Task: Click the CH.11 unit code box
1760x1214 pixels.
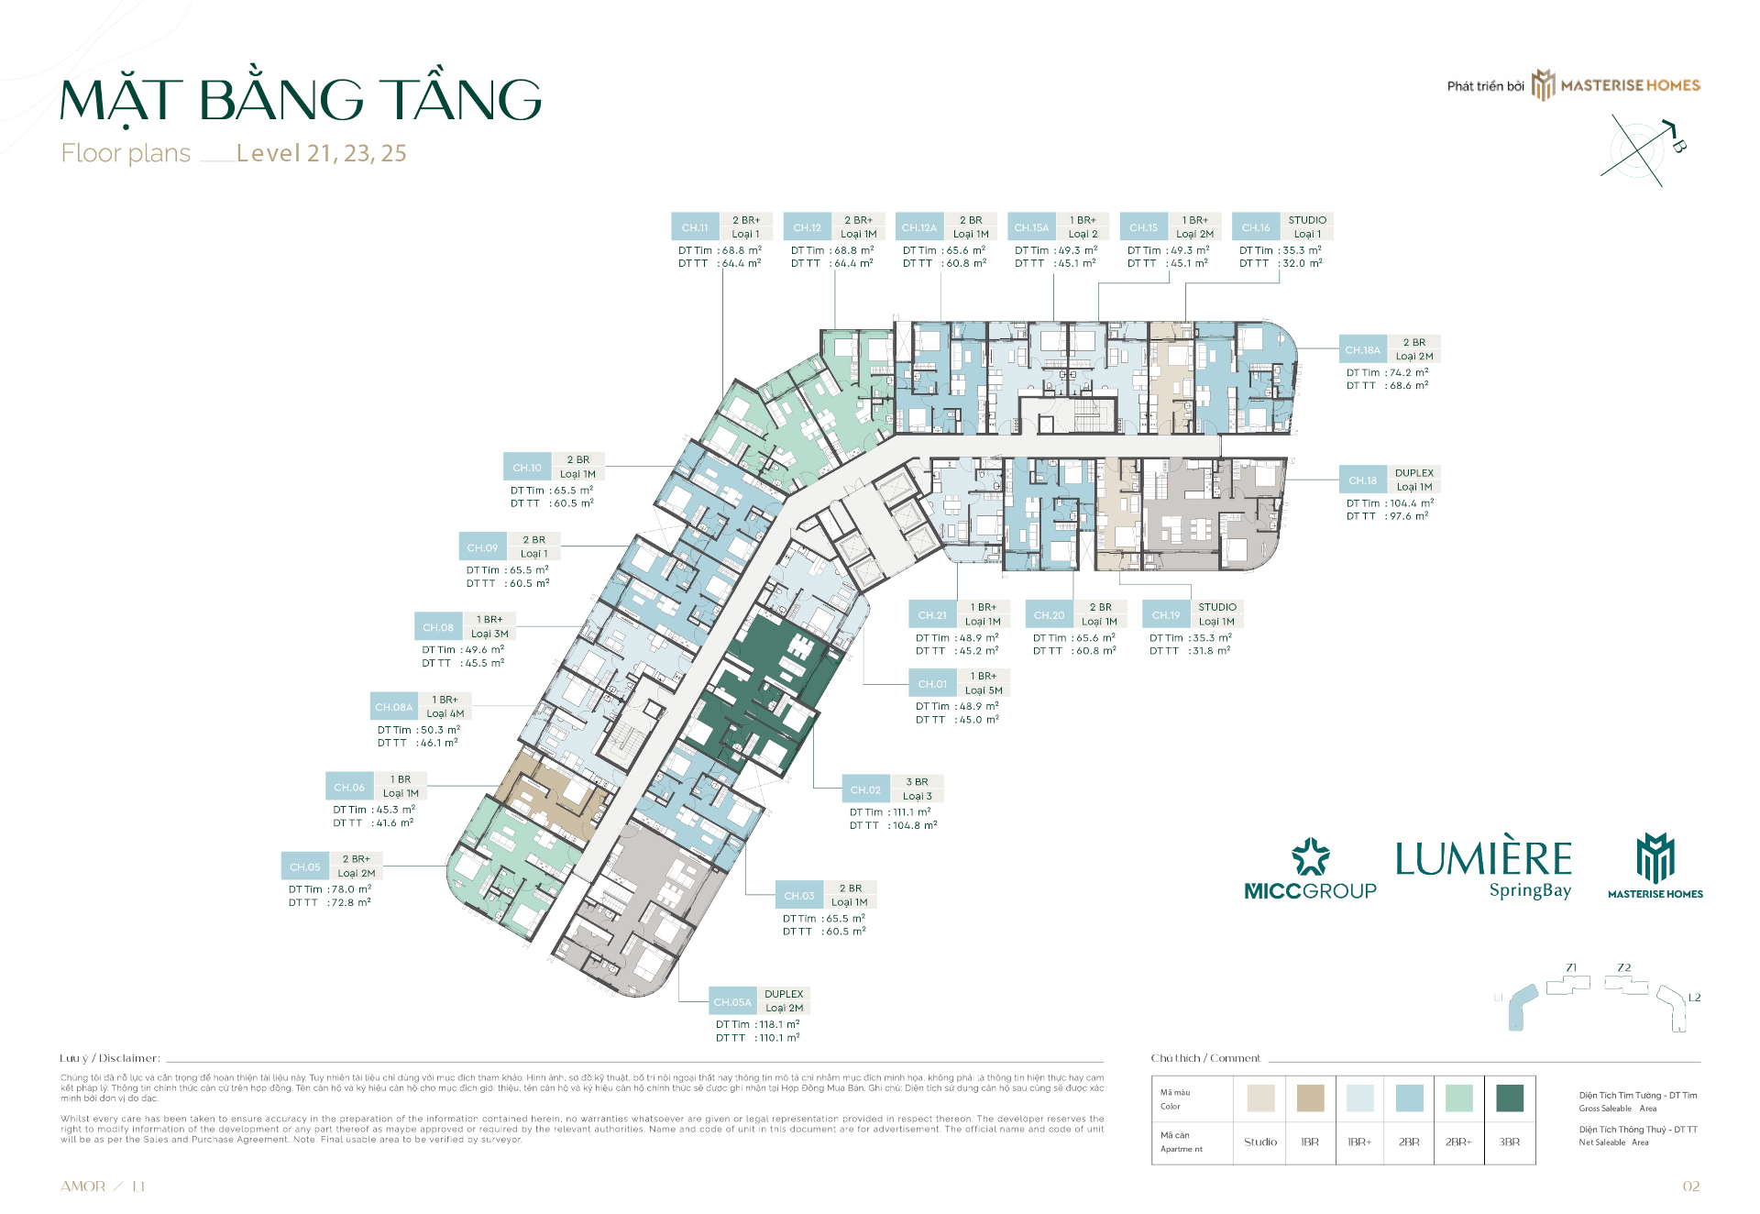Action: coord(695,227)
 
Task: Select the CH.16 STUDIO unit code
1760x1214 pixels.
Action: coord(1256,227)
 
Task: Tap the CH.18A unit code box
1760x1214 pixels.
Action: coord(1362,350)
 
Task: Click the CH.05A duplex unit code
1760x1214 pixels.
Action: coord(732,1002)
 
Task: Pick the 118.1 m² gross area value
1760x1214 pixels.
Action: coord(778,1025)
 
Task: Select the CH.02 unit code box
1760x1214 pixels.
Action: coord(865,789)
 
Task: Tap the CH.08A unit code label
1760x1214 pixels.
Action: coord(393,707)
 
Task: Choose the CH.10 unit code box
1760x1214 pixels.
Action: coord(527,468)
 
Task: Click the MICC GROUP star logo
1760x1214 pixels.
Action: coord(1310,857)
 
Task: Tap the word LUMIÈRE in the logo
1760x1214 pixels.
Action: coord(1483,860)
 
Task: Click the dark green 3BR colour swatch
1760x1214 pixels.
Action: coord(1509,1098)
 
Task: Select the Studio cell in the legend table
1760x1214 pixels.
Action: coord(1260,1142)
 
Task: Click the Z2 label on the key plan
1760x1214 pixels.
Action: coord(1624,968)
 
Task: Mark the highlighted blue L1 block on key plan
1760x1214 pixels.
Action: coord(1522,1007)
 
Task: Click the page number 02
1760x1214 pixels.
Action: coord(1691,1186)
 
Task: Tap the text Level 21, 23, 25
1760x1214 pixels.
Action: coord(321,153)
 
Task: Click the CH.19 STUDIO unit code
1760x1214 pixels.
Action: coord(1166,615)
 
